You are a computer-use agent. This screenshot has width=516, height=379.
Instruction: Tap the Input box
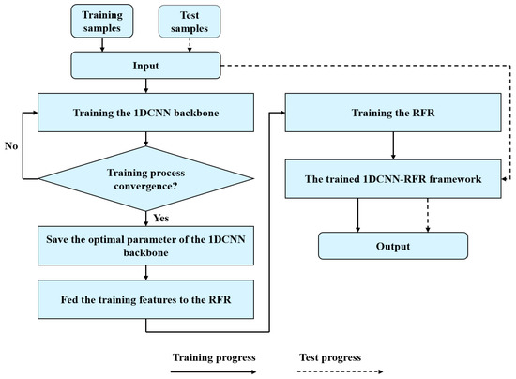[x=144, y=66]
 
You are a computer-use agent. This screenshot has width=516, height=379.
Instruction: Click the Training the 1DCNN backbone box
[x=144, y=112]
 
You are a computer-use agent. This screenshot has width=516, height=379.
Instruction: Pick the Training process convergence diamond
[x=144, y=175]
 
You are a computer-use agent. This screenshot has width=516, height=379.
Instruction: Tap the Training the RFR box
[x=375, y=112]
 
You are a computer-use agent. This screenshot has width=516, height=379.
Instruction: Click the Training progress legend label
[x=210, y=358]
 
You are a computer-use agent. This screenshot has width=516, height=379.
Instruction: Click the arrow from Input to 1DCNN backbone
[x=144, y=85]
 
